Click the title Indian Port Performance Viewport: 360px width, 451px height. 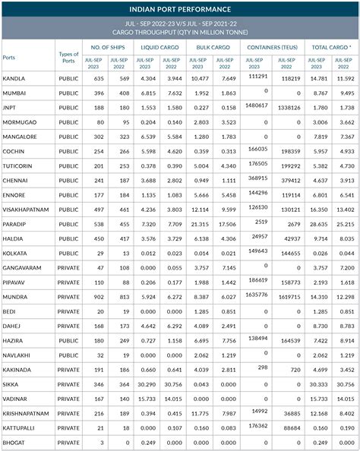pyautogui.click(x=180, y=9)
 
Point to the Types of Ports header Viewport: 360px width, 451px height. pyautogui.click(x=68, y=55)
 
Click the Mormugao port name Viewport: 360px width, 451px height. pyautogui.click(x=21, y=121)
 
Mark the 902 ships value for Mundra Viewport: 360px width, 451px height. pyautogui.click(x=96, y=296)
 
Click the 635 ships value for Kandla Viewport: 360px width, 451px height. pyautogui.click(x=96, y=78)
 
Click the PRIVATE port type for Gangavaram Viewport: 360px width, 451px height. pyautogui.click(x=68, y=267)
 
